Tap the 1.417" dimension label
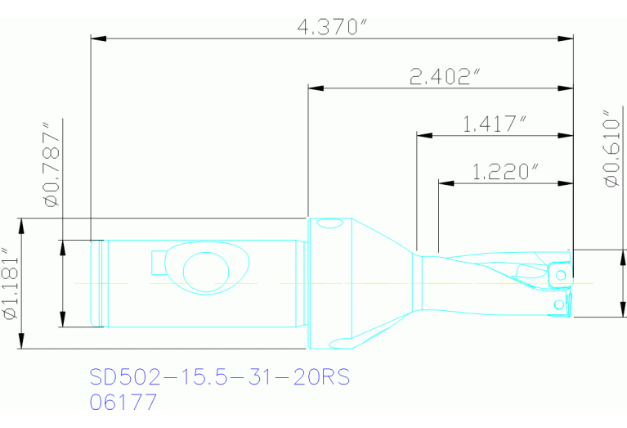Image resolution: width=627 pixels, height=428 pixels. (493, 124)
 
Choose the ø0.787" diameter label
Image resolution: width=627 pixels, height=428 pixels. (52, 165)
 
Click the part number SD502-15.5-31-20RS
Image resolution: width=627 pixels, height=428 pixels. (218, 377)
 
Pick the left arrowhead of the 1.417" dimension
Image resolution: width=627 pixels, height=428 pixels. (424, 134)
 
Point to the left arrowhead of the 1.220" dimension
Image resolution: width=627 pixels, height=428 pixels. (446, 182)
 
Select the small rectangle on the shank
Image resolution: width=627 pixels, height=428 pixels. (158, 263)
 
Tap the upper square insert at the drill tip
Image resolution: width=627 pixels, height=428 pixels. (559, 272)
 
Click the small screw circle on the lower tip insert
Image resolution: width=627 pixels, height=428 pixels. (558, 304)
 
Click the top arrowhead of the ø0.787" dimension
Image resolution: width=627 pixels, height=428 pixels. (62, 246)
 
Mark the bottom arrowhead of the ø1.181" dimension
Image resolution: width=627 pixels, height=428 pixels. (22, 343)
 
